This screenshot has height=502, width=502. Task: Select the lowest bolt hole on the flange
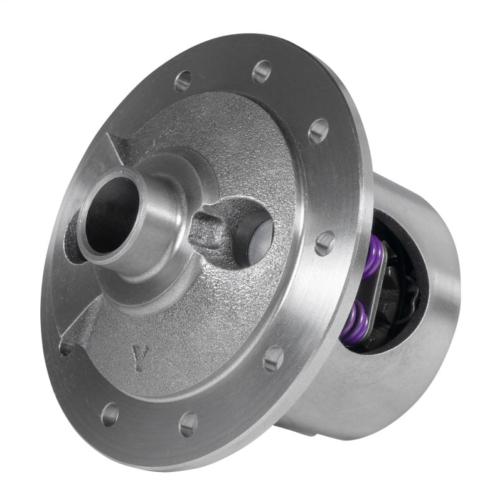[x=188, y=425]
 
